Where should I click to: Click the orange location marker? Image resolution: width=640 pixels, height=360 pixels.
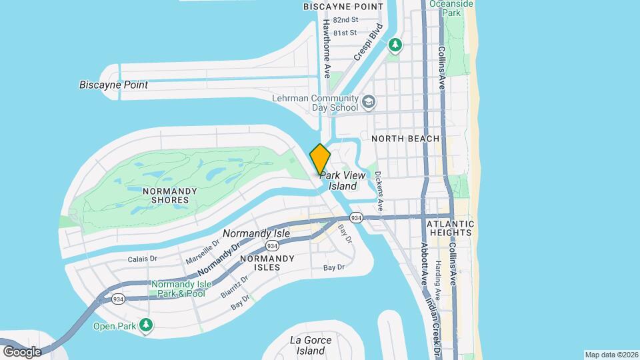tap(320, 159)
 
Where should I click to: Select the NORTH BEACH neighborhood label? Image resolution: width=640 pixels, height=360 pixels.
tap(405, 139)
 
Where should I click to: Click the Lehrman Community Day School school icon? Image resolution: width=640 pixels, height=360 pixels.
tap(369, 103)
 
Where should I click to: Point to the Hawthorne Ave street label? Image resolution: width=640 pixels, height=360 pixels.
tap(327, 48)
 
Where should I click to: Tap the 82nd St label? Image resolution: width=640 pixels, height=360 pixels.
tap(345, 20)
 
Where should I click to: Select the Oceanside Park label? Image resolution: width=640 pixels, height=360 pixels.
tap(455, 8)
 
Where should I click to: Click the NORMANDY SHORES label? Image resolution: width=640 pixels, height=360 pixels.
tap(170, 195)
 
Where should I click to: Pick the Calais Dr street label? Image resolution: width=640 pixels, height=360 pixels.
tap(143, 259)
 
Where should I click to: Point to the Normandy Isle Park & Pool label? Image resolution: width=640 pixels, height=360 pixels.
tap(181, 289)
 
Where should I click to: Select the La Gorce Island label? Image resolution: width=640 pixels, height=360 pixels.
tap(311, 345)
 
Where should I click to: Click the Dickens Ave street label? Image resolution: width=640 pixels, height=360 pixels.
tap(378, 192)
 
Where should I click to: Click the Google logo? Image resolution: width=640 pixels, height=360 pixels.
tap(21, 351)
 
